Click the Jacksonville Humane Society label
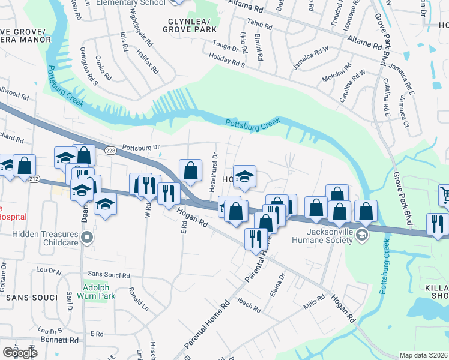coord(321,236)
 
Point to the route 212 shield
coord(33,179)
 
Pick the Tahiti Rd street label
coord(260,28)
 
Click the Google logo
coord(19,353)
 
